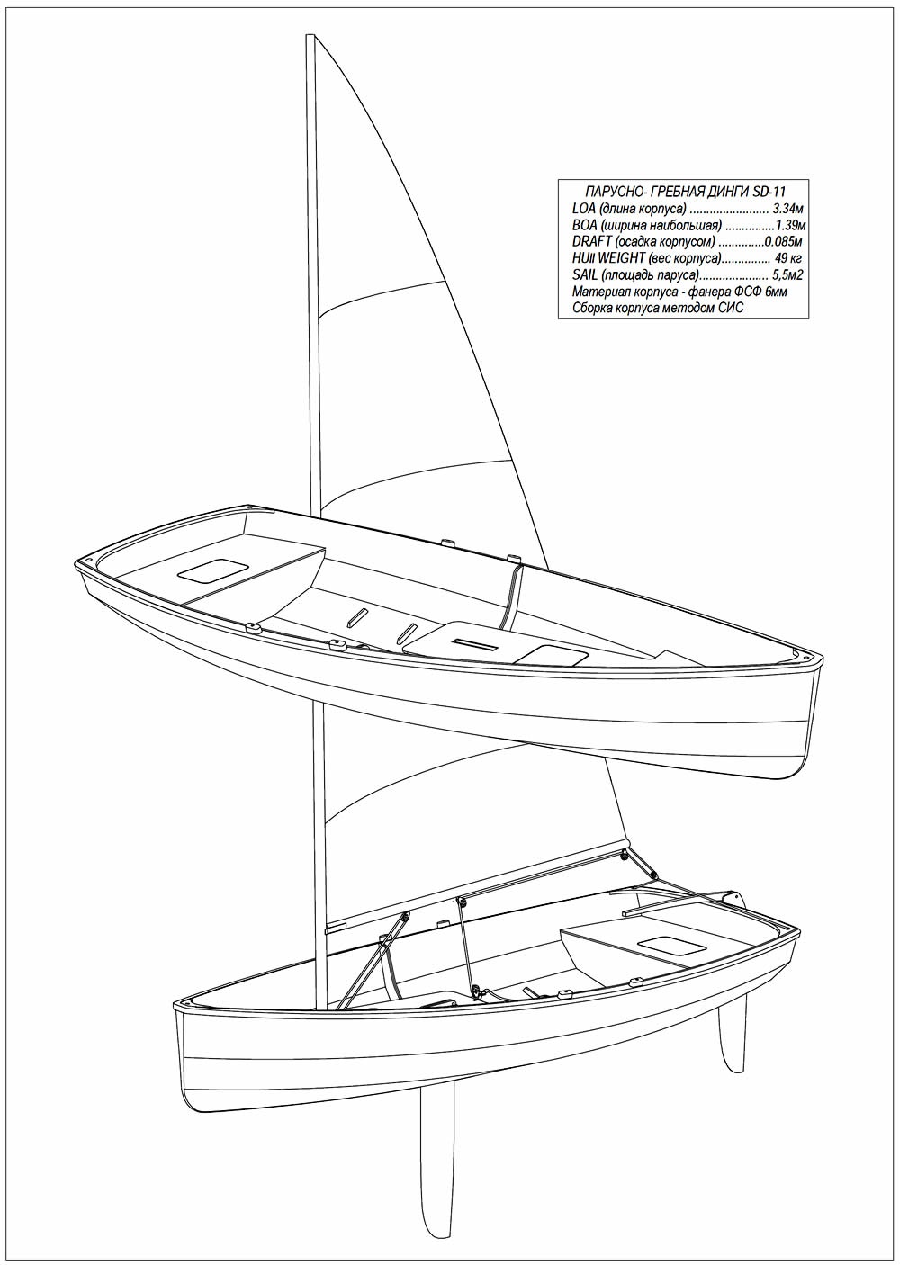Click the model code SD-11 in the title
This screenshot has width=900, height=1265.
pyautogui.click(x=769, y=191)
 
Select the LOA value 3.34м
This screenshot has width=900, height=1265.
pyautogui.click(x=787, y=209)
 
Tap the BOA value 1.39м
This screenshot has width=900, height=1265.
pyautogui.click(x=790, y=225)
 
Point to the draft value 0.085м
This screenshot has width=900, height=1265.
pyautogui.click(x=783, y=242)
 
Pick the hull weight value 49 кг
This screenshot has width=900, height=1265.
pyautogui.click(x=789, y=258)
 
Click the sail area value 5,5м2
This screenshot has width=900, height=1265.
pyautogui.click(x=787, y=275)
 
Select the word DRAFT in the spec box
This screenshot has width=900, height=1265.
pyautogui.click(x=592, y=242)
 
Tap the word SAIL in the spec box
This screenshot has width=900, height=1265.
pyautogui.click(x=585, y=275)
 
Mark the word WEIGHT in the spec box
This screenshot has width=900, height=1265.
pyautogui.click(x=622, y=258)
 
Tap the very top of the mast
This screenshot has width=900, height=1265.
pyautogui.click(x=310, y=35)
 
